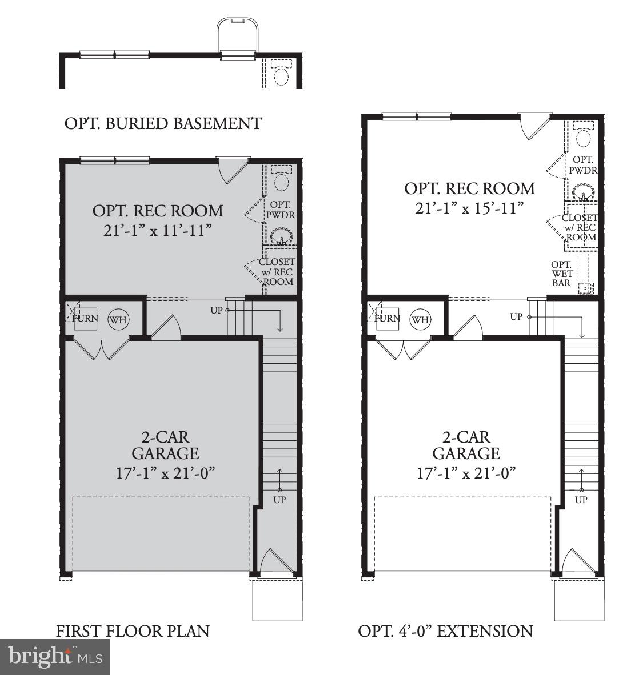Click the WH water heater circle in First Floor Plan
point(118,319)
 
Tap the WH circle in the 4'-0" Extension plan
point(420,319)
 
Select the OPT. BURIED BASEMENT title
point(163,123)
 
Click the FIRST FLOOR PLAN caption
point(133,631)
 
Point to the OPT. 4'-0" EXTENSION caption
point(445,631)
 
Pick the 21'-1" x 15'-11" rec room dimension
point(469,208)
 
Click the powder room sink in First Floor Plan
point(281,236)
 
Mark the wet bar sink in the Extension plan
point(584,288)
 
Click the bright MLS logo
point(55,657)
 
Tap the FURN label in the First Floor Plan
point(85,319)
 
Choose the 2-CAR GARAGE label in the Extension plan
point(466,445)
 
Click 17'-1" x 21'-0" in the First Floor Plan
point(165,473)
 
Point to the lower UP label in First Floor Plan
point(279,500)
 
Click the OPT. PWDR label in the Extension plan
point(583,165)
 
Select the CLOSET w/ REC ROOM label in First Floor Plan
point(277,272)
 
